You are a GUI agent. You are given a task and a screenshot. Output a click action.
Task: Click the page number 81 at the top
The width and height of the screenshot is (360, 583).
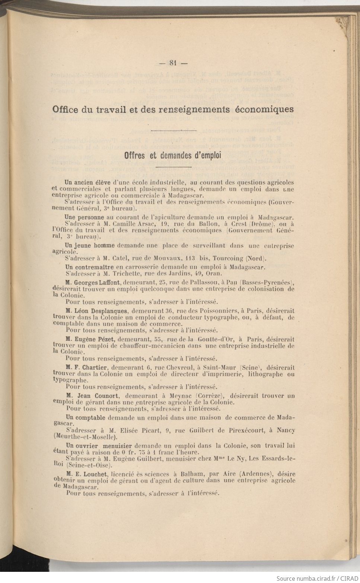pos(173,63)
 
